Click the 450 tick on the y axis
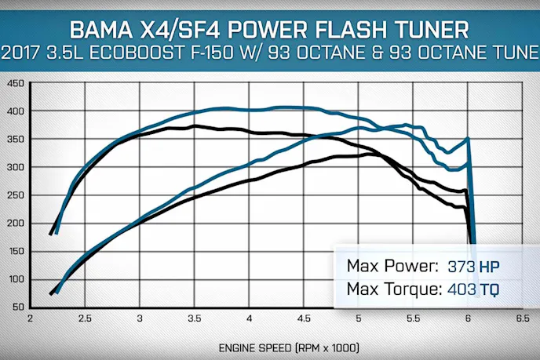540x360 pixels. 15,83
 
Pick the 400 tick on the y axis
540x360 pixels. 15,111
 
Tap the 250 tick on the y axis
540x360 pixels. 15,195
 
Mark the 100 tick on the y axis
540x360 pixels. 15,279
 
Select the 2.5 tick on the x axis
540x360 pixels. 85,319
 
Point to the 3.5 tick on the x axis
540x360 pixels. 195,319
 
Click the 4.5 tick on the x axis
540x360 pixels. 304,319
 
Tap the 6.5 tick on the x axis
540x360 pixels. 522,319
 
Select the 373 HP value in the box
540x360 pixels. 473,265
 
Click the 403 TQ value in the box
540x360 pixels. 473,290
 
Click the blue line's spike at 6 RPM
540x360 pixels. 468,139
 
